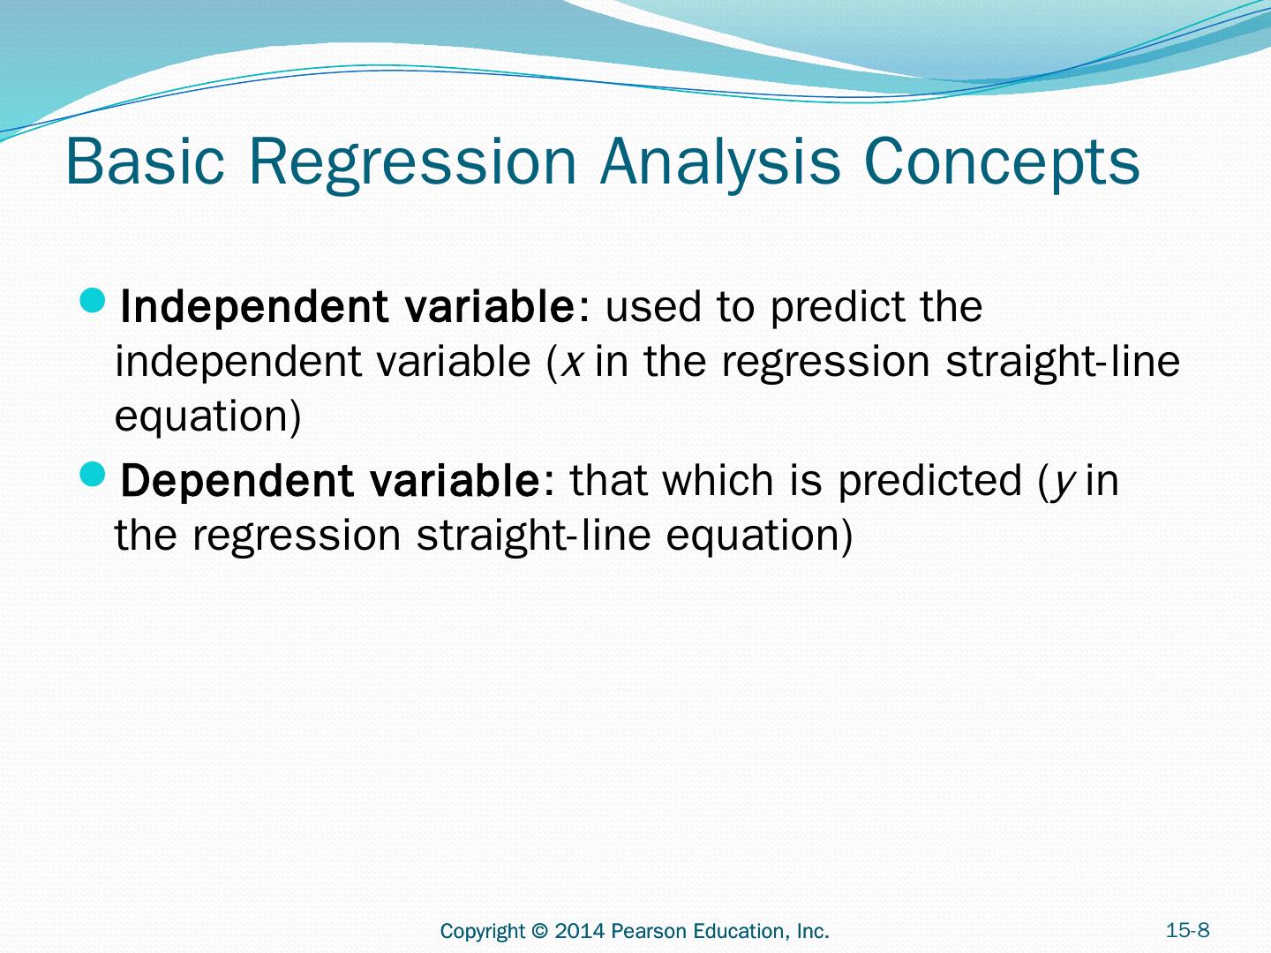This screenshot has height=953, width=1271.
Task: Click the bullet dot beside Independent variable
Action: [92, 300]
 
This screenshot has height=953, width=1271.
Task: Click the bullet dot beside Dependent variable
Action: [92, 474]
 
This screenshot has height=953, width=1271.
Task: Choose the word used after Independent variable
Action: [652, 307]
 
